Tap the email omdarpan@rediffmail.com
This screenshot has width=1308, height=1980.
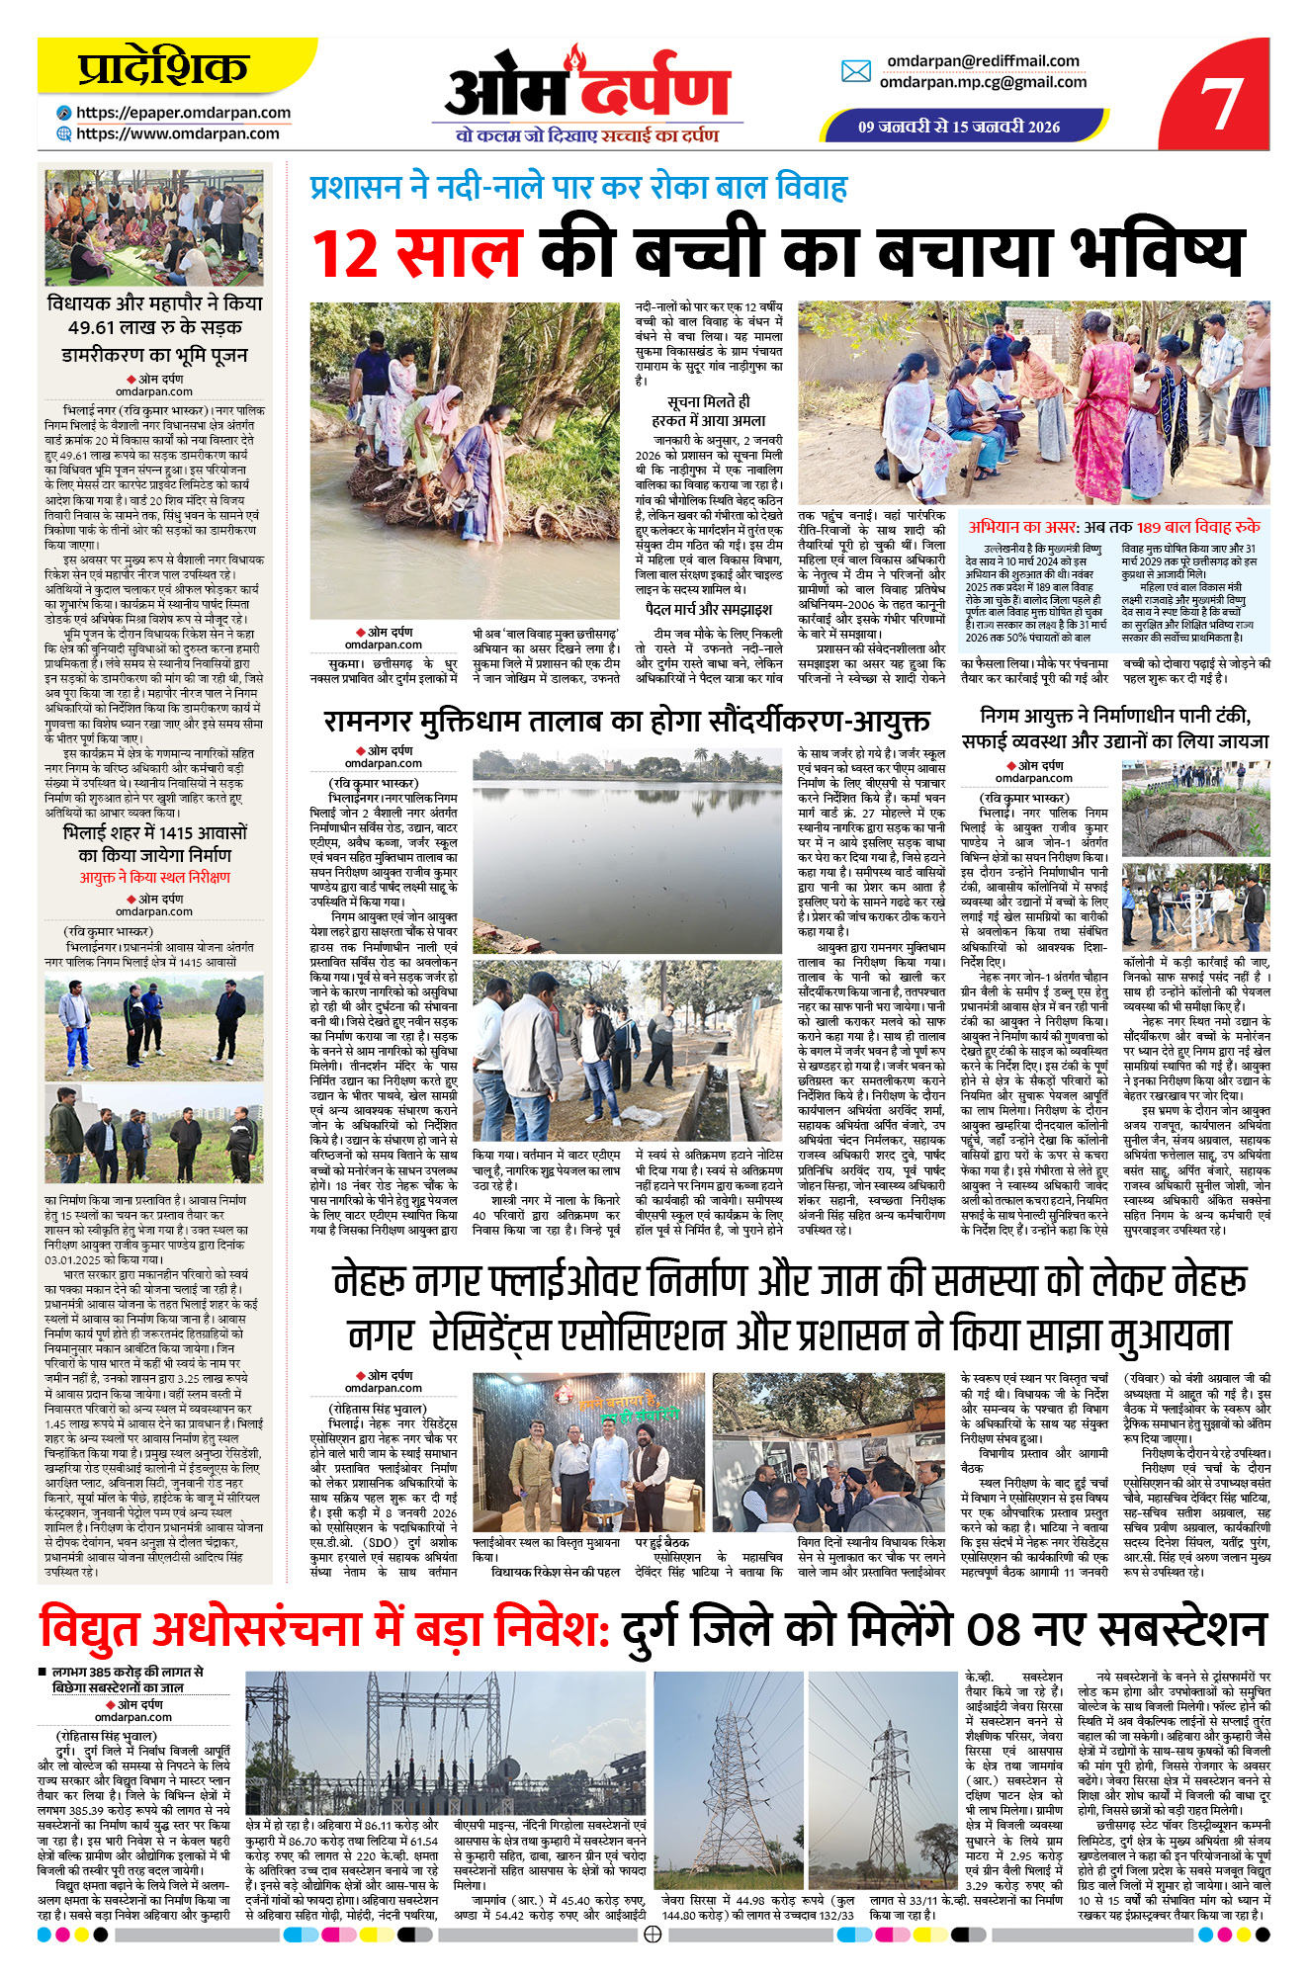pos(982,61)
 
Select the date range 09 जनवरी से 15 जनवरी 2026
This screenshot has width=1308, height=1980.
pos(958,127)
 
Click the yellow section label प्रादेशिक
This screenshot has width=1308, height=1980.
pos(162,68)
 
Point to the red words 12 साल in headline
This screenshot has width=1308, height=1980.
pos(416,253)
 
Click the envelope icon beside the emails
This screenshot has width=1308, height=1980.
pos(855,71)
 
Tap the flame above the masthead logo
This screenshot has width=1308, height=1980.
pos(574,58)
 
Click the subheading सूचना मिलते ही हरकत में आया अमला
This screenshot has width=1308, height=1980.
pos(708,410)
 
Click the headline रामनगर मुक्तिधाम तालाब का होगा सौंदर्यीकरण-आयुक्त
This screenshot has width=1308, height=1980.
pos(627,721)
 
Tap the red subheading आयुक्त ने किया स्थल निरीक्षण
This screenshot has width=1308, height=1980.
pos(154,878)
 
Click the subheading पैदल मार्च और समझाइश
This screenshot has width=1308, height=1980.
pos(708,609)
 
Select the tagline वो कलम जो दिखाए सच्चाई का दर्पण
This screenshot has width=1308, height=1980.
pos(586,135)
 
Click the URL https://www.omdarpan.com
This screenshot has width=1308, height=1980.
pos(177,133)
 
